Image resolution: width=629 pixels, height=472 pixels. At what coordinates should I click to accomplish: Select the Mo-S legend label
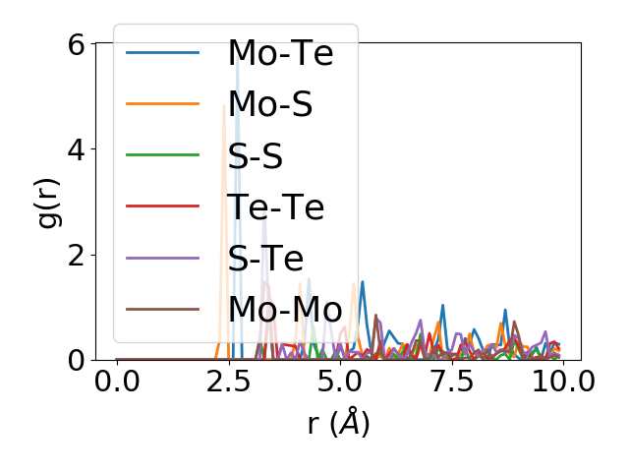[270, 104]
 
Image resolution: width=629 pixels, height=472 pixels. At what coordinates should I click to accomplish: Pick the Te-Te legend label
[275, 206]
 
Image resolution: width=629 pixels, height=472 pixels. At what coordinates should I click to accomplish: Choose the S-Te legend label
[265, 258]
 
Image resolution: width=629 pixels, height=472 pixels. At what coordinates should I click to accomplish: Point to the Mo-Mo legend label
[285, 310]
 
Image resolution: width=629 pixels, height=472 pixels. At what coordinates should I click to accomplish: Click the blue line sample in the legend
[163, 52]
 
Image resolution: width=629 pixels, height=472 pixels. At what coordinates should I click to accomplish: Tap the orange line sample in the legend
[163, 104]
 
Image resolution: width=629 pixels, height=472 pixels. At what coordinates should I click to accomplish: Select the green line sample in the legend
[163, 155]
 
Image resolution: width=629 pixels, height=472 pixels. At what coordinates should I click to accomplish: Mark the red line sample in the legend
[163, 206]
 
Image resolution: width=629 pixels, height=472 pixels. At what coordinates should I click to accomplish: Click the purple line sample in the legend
[163, 258]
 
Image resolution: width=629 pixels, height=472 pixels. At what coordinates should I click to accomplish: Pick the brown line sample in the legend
[163, 310]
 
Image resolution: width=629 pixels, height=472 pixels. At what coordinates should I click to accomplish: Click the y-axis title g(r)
[48, 202]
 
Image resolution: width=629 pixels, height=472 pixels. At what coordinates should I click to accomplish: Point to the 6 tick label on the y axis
[77, 43]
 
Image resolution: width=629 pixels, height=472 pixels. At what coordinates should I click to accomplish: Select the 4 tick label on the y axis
[77, 149]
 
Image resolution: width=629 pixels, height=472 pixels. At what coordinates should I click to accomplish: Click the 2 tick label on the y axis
[77, 255]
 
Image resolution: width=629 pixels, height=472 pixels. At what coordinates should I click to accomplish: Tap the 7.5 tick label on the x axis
[450, 382]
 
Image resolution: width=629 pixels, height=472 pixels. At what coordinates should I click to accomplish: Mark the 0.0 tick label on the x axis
[117, 382]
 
